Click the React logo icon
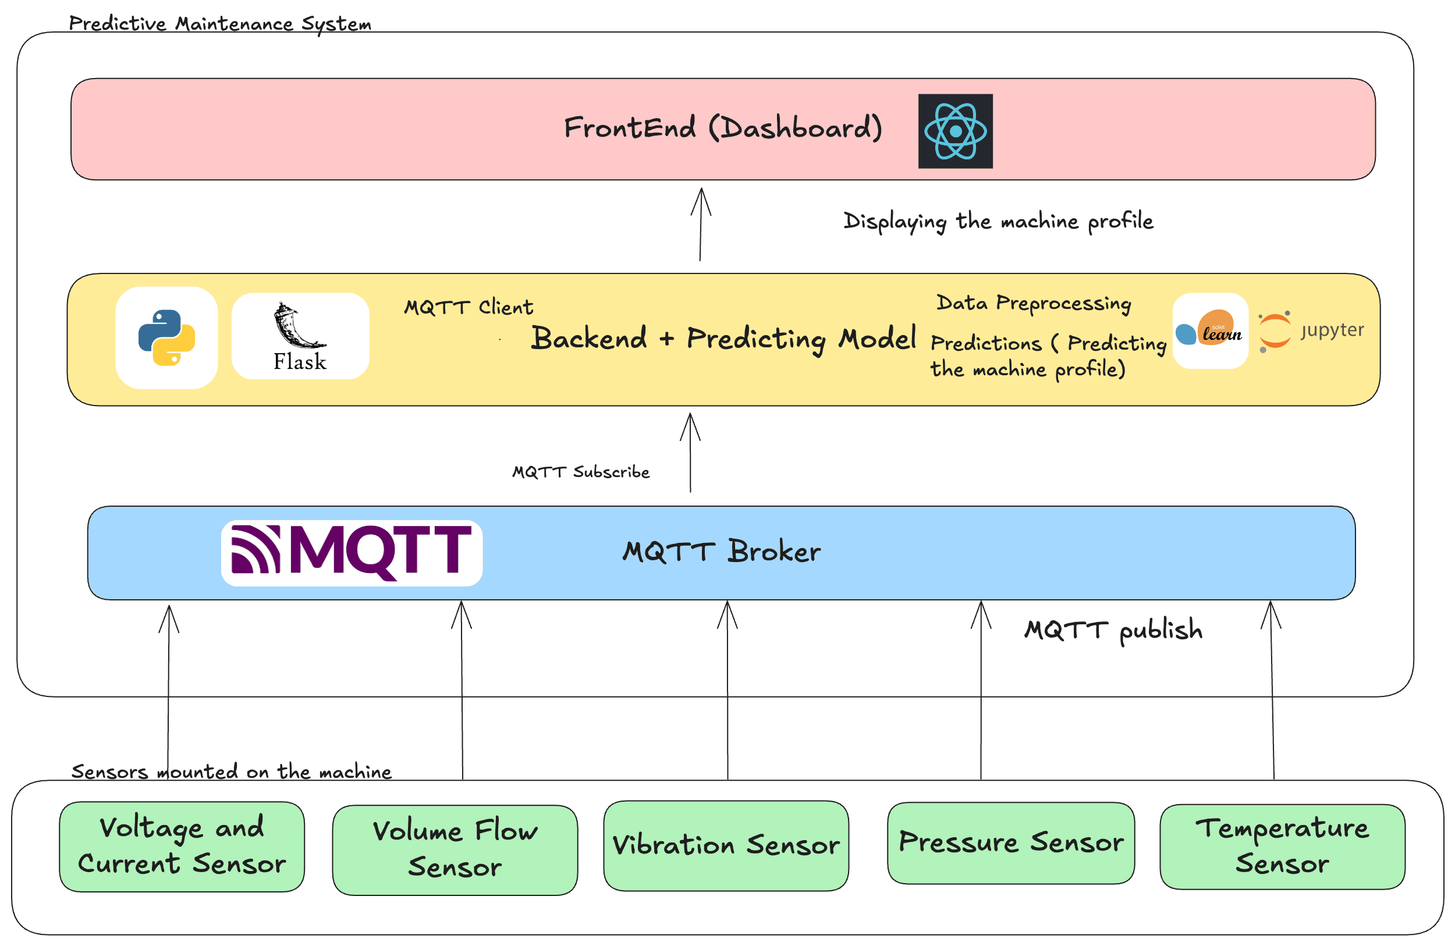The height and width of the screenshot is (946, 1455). [x=955, y=131]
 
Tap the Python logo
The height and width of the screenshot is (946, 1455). [x=166, y=338]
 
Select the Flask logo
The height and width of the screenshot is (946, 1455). [x=300, y=337]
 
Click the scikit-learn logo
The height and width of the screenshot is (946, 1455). [x=1210, y=330]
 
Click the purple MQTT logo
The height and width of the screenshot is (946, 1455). [x=352, y=553]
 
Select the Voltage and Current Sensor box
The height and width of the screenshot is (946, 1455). [x=182, y=847]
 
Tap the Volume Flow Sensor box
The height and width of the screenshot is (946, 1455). [x=455, y=849]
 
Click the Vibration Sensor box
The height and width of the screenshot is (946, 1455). [x=726, y=846]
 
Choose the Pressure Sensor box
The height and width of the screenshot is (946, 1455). [x=1010, y=842]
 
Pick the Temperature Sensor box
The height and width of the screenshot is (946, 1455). [x=1282, y=847]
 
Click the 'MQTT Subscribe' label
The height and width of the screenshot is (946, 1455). [x=581, y=472]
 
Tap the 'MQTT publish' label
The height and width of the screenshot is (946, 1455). [x=1113, y=630]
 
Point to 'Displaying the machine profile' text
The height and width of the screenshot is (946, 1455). [x=998, y=221]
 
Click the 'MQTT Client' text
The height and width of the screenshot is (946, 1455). [x=469, y=307]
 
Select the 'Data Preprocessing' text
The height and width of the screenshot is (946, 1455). [x=1033, y=303]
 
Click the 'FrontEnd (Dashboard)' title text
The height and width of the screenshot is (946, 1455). [x=723, y=129]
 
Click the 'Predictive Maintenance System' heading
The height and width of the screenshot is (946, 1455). [x=220, y=24]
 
